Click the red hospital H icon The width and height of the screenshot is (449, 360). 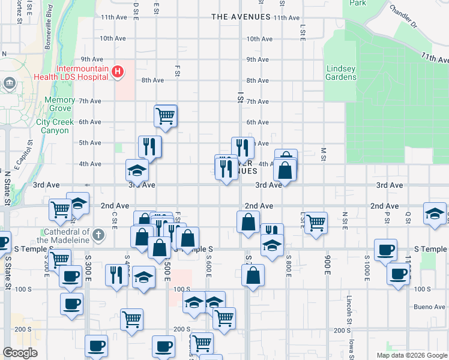[x=118, y=73]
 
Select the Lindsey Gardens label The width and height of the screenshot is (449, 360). [x=341, y=73]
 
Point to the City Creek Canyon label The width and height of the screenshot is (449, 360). [x=55, y=126]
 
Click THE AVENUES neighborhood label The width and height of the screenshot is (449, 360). [x=241, y=17]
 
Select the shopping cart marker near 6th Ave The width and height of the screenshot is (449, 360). [x=165, y=115]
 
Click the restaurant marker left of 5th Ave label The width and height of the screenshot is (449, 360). [x=149, y=146]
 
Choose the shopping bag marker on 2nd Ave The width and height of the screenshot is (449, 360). [x=248, y=221]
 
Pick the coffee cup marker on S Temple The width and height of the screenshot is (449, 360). [x=385, y=249]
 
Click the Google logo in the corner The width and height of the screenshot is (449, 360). [x=20, y=353]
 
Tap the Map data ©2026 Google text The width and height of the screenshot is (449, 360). [x=411, y=355]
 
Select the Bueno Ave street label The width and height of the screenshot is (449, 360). [x=429, y=307]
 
